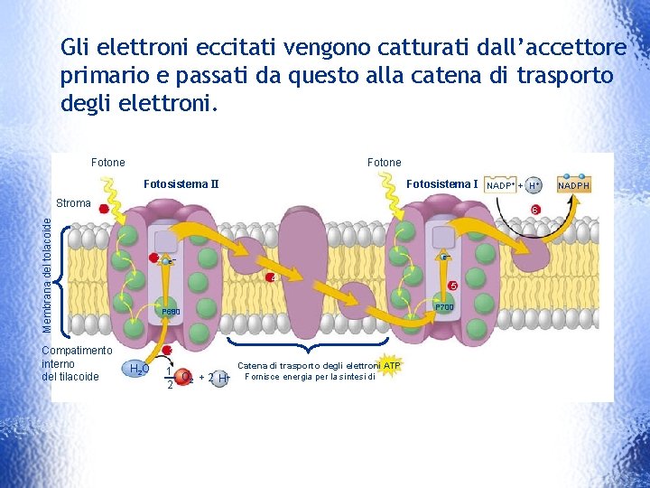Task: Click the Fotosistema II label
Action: (x=181, y=185)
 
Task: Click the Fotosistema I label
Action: (x=441, y=184)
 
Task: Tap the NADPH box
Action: (x=574, y=185)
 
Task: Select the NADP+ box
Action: (x=500, y=185)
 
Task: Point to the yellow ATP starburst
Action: (x=391, y=365)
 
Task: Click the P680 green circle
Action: (x=172, y=311)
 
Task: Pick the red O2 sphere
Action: (x=184, y=377)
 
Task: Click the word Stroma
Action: (x=73, y=203)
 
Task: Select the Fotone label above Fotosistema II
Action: (x=108, y=163)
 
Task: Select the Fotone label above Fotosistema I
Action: (x=385, y=163)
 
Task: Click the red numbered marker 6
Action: (x=535, y=210)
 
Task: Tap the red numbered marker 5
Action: (x=453, y=286)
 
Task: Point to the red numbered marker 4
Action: (x=270, y=277)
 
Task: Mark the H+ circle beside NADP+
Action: (x=534, y=185)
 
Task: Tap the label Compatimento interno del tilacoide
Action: (x=77, y=363)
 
